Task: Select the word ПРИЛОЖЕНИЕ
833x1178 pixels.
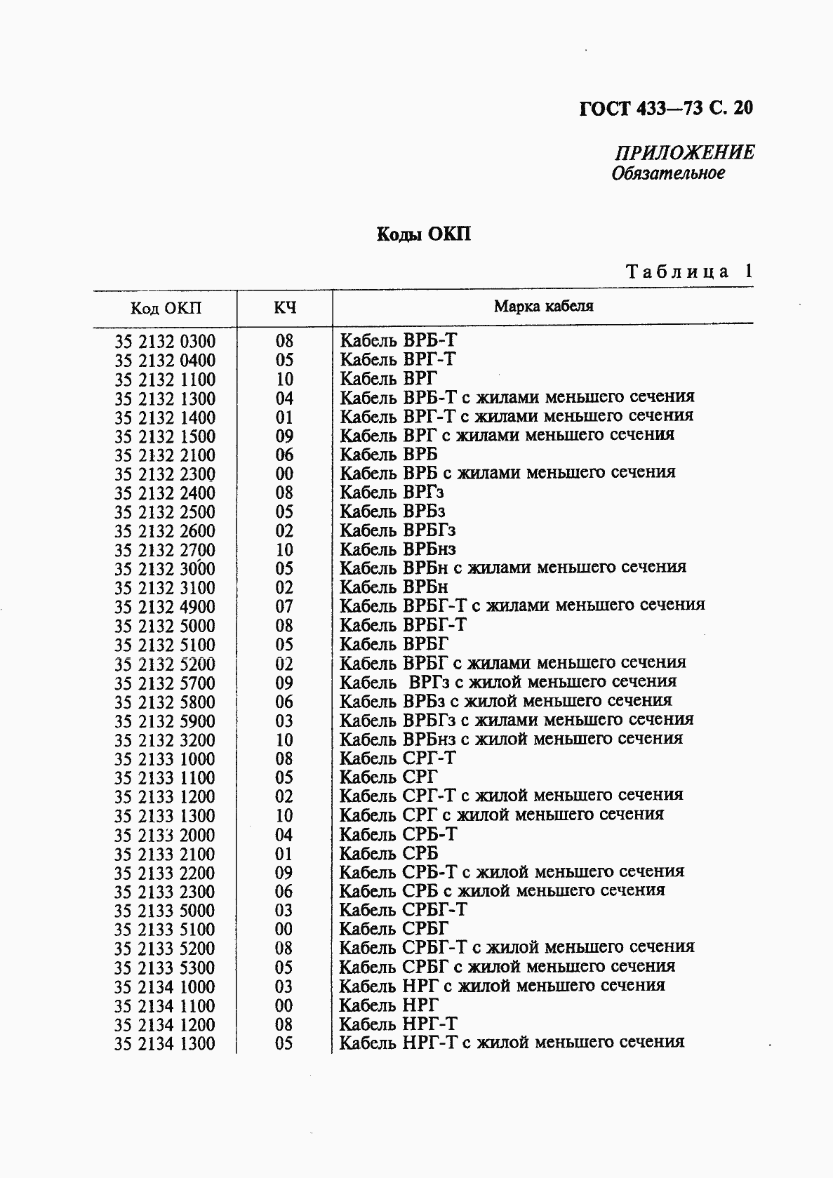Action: click(684, 152)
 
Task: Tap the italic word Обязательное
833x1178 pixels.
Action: click(667, 173)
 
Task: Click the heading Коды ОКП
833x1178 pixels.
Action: click(423, 234)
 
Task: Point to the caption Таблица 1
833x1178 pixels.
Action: click(688, 272)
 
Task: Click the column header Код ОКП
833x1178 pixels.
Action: click(166, 308)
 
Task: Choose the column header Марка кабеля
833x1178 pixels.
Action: click(543, 306)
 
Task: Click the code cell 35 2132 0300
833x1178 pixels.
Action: click(165, 342)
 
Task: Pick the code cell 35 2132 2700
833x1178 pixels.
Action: click(165, 550)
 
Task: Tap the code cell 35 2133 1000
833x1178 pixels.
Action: click(165, 759)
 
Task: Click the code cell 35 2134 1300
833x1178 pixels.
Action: click(165, 1044)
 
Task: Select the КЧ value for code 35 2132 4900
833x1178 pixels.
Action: click(284, 607)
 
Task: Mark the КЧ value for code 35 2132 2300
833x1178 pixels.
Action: click(284, 474)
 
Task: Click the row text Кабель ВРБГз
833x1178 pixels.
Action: click(398, 530)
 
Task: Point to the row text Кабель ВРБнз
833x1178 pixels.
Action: click(398, 549)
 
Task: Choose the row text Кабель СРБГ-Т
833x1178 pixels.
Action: click(403, 910)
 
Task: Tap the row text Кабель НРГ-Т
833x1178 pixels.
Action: click(398, 1024)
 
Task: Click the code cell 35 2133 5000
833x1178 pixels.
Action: click(165, 911)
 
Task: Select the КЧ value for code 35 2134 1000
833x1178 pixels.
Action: click(284, 987)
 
